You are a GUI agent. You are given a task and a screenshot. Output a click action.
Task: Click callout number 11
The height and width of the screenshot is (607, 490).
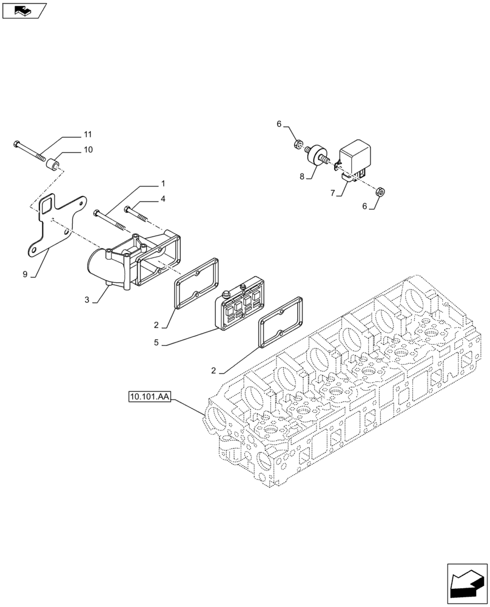pos(87,134)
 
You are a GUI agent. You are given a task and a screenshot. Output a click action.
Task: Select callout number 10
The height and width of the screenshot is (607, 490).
pos(87,149)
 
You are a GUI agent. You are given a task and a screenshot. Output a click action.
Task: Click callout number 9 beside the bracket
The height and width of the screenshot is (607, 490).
pos(25,274)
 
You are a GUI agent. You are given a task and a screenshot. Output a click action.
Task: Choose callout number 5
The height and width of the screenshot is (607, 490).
pos(156,343)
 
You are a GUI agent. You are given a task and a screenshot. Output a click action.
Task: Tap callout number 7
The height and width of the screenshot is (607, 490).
pos(333,193)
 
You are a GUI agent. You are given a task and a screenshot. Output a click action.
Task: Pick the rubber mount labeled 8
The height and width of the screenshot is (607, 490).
pos(318,153)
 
